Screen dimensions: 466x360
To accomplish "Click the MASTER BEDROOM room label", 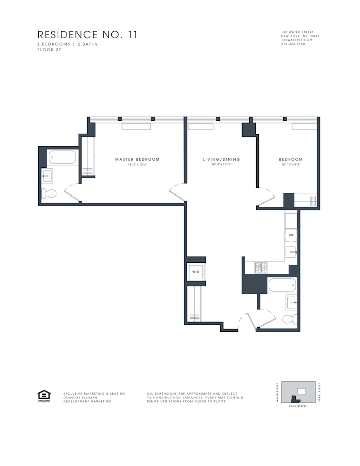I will (x=137, y=159).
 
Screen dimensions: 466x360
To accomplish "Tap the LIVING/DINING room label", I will (x=221, y=159).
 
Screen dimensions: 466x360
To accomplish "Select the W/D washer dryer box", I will (x=196, y=272).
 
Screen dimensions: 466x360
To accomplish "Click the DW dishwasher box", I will (x=291, y=235).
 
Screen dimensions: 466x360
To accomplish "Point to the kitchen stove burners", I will (x=261, y=267).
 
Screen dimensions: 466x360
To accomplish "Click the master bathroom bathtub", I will (x=62, y=158).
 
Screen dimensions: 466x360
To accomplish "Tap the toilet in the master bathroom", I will (x=49, y=193).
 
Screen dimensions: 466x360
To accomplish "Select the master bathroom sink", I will (x=47, y=175).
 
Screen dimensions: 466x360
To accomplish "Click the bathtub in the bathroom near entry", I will (x=282, y=285).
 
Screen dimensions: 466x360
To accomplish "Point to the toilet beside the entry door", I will (x=290, y=319).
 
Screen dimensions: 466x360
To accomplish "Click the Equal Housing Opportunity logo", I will (x=43, y=396).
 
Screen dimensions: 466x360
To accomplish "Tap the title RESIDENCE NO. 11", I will (x=87, y=35).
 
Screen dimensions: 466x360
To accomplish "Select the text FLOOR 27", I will (x=49, y=49).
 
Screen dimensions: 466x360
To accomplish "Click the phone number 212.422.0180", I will (x=293, y=44).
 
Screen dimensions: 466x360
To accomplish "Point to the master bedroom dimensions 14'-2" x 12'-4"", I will (x=137, y=165).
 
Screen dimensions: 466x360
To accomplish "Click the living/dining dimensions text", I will (x=221, y=165).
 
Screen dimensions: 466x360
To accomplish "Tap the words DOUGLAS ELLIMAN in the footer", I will (x=80, y=397).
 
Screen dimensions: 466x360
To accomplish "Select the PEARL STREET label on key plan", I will (x=320, y=392).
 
